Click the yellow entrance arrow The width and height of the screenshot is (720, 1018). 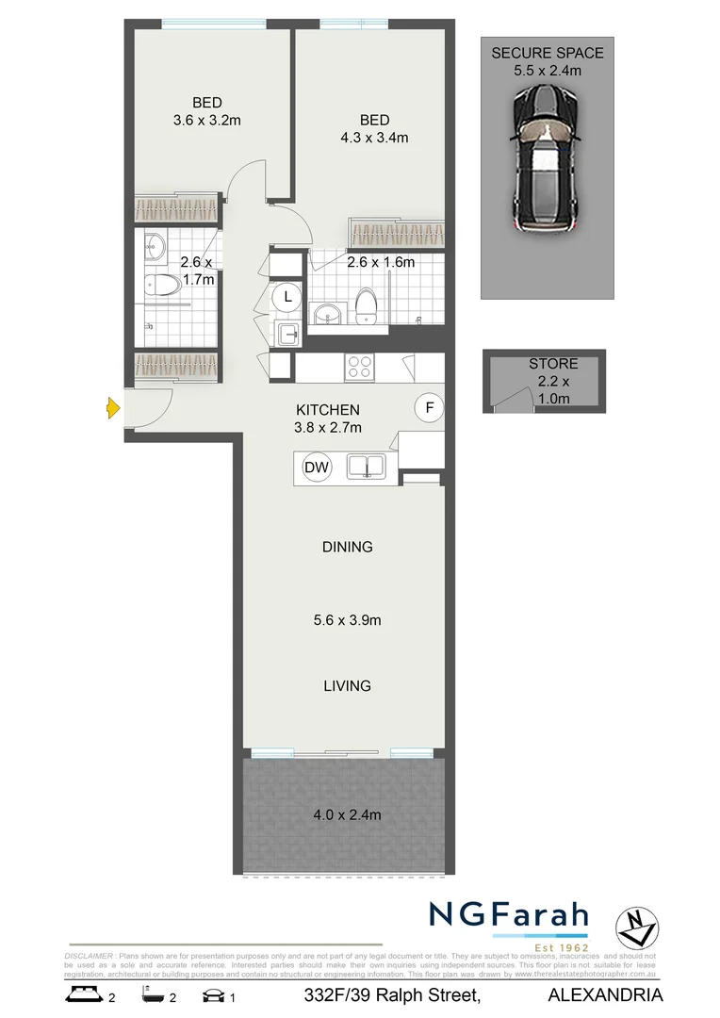(112, 408)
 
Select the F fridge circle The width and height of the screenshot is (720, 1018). (430, 408)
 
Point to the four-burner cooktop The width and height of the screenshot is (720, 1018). (359, 366)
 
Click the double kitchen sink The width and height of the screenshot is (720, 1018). (367, 465)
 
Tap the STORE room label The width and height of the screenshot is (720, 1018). (553, 364)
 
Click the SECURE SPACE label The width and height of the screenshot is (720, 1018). (548, 53)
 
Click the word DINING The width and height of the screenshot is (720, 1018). (347, 547)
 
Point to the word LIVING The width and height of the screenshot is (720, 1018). (346, 685)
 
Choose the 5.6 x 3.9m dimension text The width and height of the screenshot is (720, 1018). (347, 620)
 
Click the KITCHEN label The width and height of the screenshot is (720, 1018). (328, 410)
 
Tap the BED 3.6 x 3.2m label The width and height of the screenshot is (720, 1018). (207, 111)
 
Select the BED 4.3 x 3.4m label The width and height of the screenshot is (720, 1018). (374, 129)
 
